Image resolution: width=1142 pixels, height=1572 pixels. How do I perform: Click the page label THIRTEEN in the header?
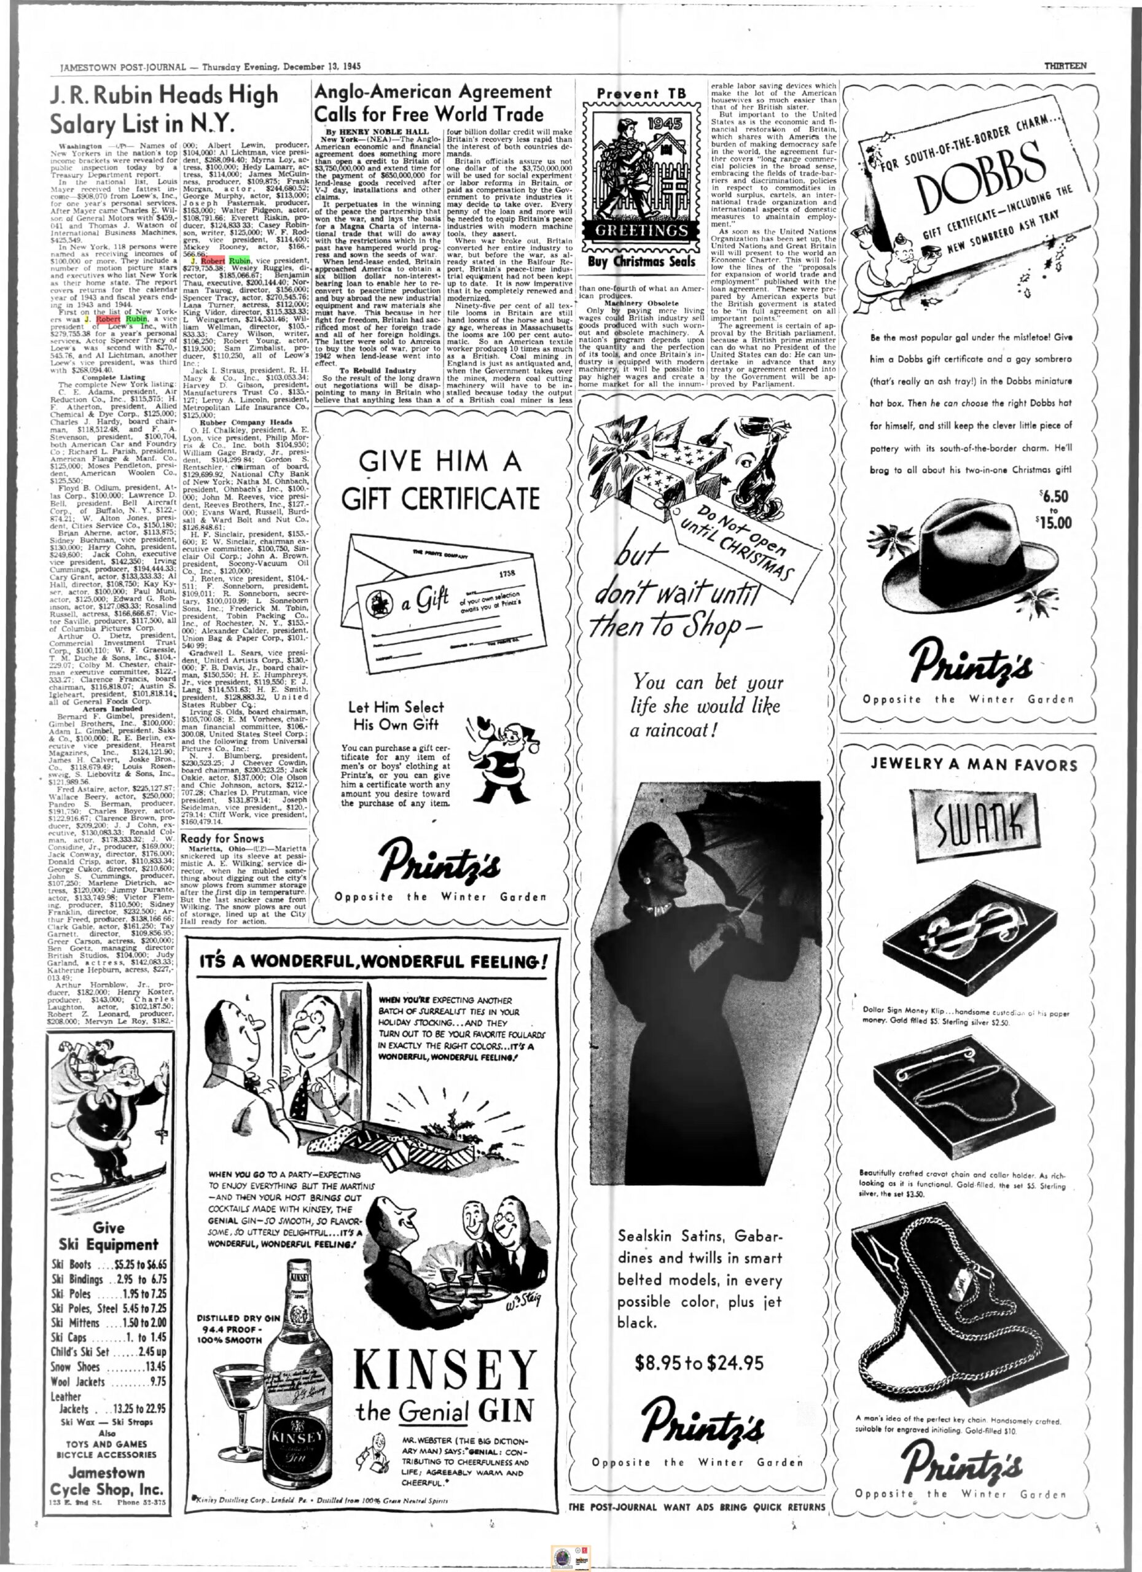pyautogui.click(x=1065, y=66)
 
